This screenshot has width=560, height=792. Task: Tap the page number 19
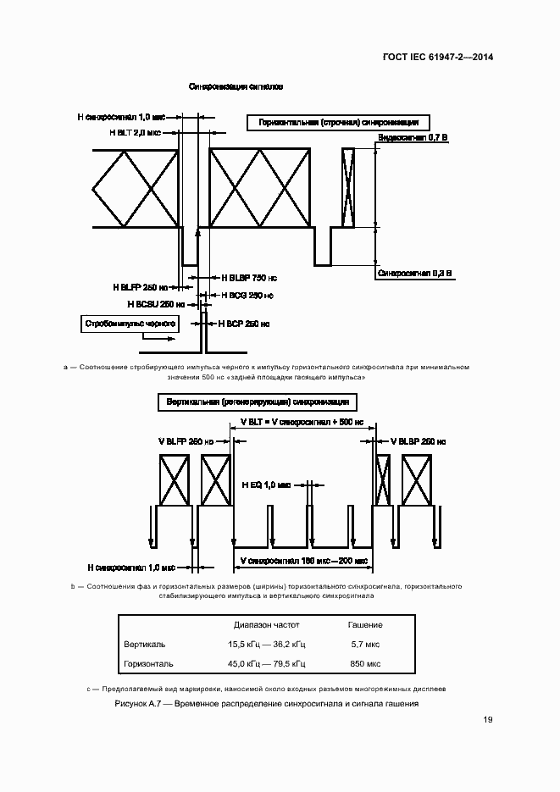488,720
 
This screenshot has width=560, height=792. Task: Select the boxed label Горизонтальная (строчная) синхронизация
339,124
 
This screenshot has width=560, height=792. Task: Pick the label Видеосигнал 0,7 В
412,137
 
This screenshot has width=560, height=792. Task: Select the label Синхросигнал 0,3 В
415,274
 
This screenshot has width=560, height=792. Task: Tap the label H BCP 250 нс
244,324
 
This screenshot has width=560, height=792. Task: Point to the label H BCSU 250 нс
156,304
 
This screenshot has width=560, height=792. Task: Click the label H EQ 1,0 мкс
266,485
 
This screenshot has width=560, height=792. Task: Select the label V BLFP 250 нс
186,441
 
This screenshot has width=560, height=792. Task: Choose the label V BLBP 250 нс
418,441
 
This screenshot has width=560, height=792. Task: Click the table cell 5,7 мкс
365,645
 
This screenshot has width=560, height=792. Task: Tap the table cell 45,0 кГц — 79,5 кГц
261,664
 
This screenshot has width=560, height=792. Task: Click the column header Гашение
365,625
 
